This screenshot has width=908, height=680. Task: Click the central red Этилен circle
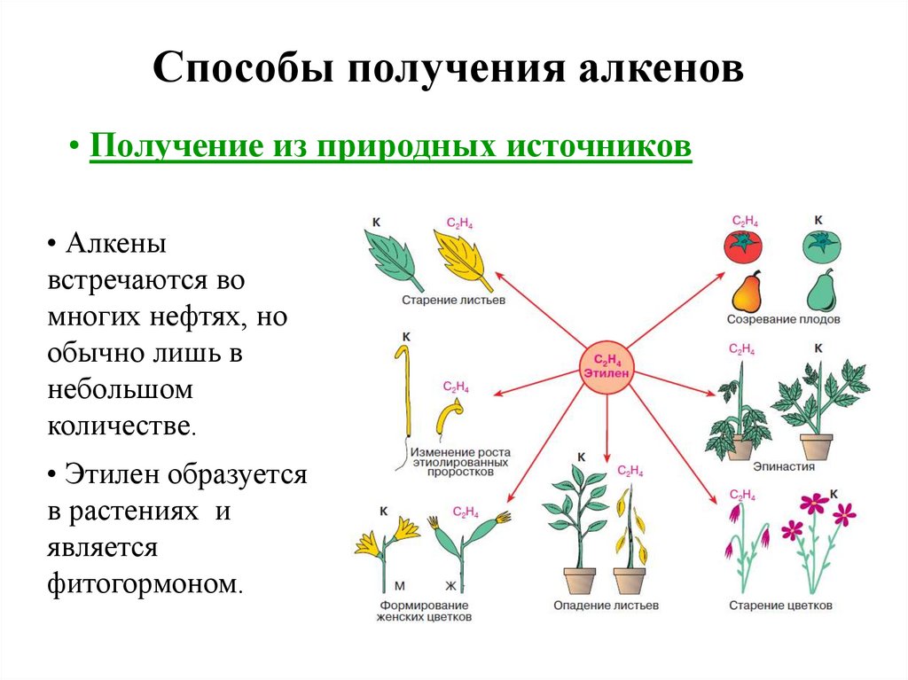pos(606,366)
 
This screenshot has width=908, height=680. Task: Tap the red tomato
pos(743,245)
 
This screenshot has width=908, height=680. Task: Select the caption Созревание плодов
pos(783,319)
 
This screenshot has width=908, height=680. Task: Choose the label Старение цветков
pos(780,606)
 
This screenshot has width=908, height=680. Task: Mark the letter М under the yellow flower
pos(399,586)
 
